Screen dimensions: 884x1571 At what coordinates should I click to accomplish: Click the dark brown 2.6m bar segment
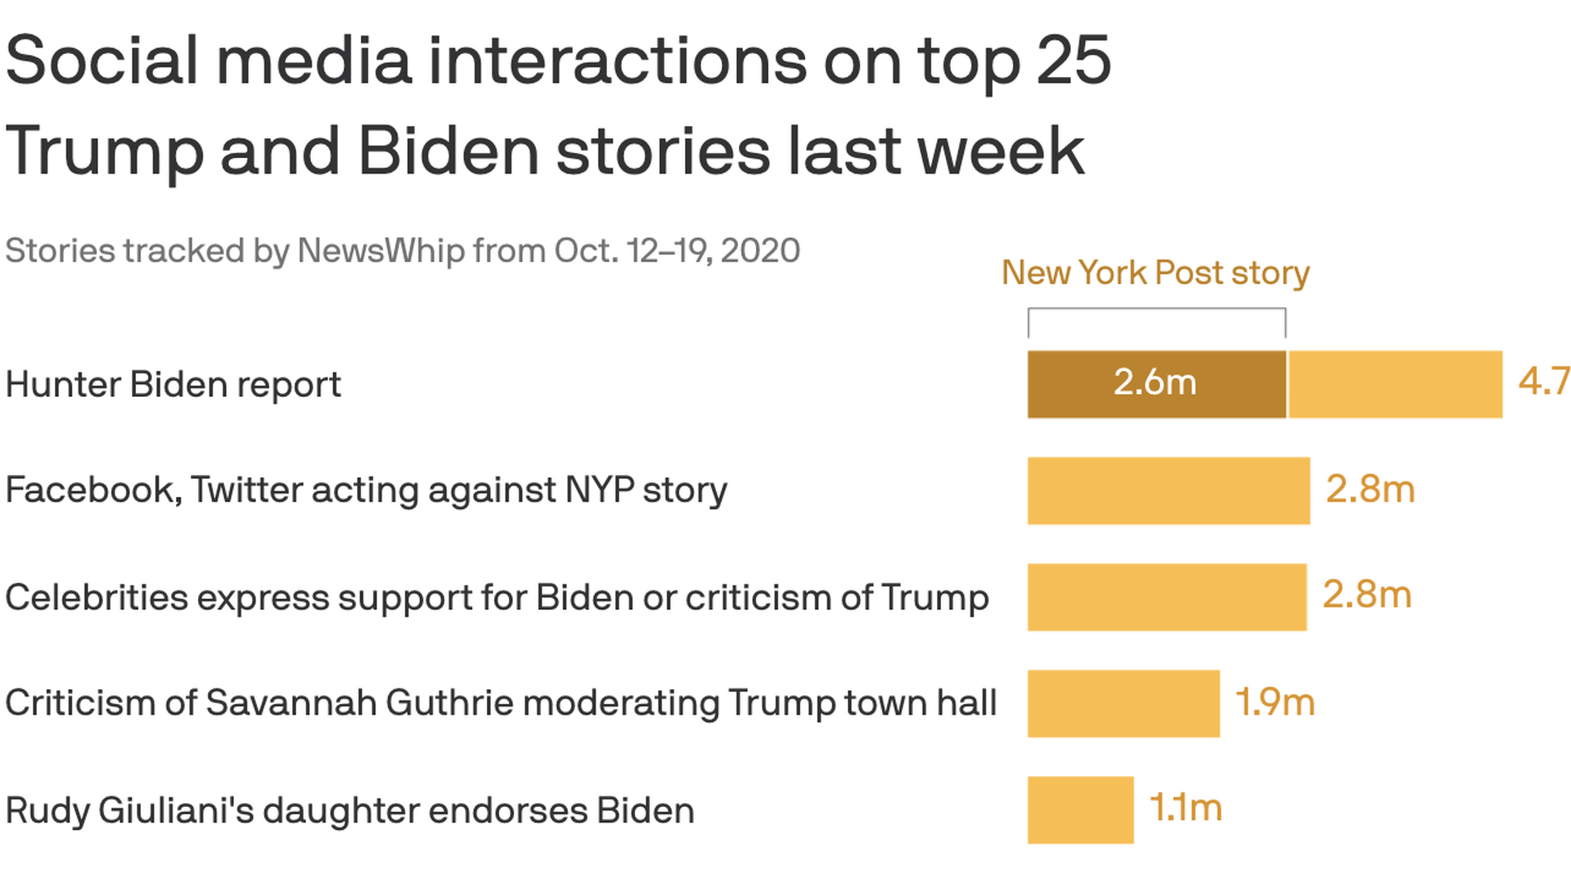point(1156,384)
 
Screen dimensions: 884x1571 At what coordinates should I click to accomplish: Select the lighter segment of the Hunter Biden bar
point(1395,384)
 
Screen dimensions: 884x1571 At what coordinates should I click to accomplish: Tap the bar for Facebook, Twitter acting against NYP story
point(1168,490)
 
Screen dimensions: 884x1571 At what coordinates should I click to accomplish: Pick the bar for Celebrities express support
point(1167,597)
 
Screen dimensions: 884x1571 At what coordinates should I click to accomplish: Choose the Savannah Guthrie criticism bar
point(1123,703)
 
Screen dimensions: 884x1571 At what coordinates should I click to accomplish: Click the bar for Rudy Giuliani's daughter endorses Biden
point(1081,810)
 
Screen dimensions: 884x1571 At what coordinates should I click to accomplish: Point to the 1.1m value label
point(1186,808)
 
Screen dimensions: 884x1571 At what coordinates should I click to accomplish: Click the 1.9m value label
point(1275,701)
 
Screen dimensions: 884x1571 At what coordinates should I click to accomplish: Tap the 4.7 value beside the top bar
point(1544,381)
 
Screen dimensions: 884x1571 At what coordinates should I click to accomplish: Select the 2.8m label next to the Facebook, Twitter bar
point(1371,489)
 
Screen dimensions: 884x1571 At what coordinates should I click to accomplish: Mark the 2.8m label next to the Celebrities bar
point(1367,594)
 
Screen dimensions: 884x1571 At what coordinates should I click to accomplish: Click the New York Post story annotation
point(1155,273)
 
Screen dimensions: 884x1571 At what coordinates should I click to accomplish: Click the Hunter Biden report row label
point(173,385)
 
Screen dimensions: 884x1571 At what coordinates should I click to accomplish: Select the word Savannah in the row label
point(290,703)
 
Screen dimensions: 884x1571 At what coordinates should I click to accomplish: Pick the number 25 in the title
point(1074,61)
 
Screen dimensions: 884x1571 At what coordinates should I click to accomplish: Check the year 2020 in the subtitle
point(760,250)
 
